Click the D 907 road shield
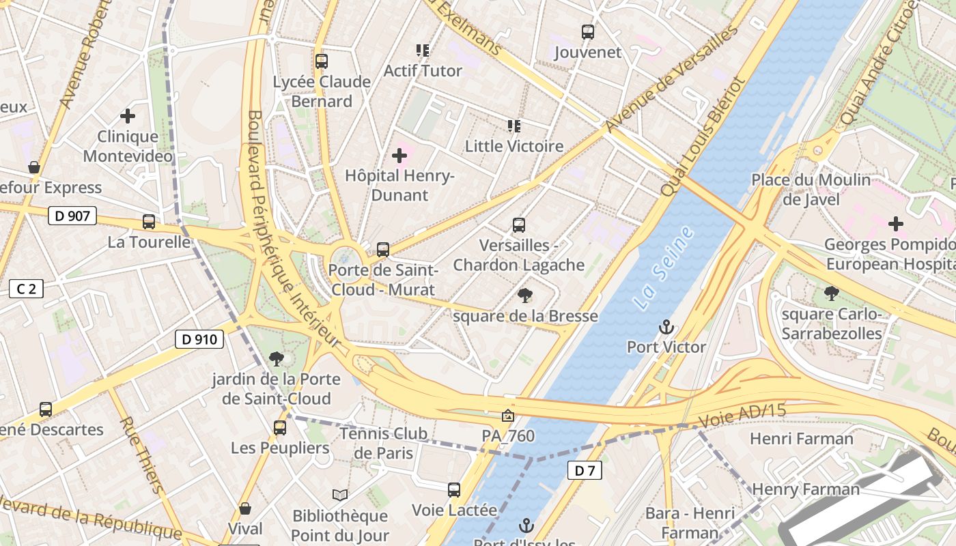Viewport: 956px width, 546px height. coord(72,216)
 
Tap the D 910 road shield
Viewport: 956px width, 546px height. coord(199,339)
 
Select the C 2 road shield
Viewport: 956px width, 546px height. coord(26,289)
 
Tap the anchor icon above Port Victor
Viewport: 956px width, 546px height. coord(666,328)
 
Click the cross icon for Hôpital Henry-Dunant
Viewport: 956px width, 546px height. coord(399,156)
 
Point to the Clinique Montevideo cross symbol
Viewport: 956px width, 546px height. coord(127,117)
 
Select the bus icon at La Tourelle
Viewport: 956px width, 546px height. coord(149,222)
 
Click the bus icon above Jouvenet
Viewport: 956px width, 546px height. coord(587,32)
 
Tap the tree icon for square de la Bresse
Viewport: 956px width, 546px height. coord(524,296)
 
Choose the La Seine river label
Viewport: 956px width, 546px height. coord(662,268)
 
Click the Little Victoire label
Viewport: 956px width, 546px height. coord(514,146)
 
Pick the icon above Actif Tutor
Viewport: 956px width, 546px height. coord(422,51)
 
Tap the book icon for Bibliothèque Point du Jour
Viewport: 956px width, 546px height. coord(339,495)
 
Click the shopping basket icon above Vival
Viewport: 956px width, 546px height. coord(244,509)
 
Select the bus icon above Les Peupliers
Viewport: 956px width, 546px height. coord(279,428)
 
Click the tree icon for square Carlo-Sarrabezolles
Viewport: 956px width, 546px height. coord(831,293)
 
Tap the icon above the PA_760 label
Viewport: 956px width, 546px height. coord(507,415)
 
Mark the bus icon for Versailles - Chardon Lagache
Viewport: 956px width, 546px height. coord(518,225)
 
